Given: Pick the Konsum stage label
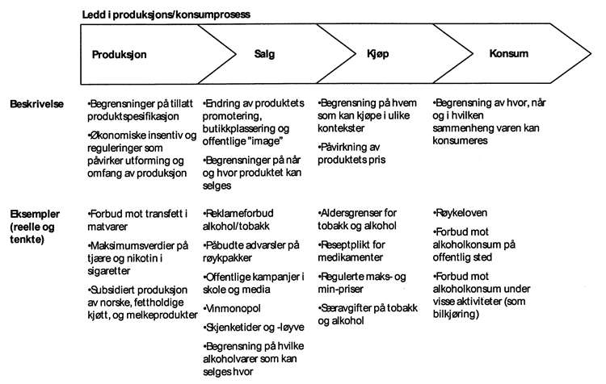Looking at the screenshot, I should tap(509, 55).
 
